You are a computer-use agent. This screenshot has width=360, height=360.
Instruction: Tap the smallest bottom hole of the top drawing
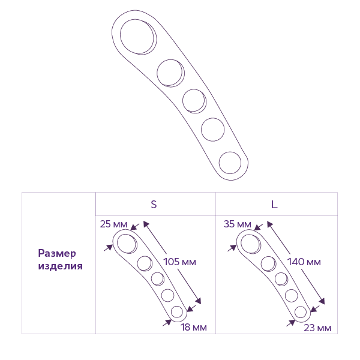pos(232,163)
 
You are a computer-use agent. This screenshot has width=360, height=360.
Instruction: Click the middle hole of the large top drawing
pos(193,100)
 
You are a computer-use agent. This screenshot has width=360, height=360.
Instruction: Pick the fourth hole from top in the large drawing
pos(213,128)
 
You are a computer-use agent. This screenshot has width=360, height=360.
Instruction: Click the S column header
pos(154,204)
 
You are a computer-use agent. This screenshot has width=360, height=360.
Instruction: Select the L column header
pos(274,204)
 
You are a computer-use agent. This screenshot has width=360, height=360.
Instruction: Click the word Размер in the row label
pos(61,253)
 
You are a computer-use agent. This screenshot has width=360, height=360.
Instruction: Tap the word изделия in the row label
pos(61,266)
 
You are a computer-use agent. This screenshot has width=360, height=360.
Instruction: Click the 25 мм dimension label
pos(114,224)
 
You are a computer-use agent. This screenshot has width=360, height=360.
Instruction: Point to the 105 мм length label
pos(179,262)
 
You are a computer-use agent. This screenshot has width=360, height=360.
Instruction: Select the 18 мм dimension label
pos(194,327)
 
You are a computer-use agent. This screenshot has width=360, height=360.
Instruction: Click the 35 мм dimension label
pos(236,224)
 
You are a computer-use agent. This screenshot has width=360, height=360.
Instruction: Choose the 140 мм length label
pos(304,262)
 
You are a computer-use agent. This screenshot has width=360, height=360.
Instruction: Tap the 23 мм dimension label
pos(318,328)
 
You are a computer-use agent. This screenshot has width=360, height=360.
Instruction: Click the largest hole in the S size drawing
pos(126,243)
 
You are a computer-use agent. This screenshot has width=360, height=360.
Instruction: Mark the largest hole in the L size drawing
pos(250,243)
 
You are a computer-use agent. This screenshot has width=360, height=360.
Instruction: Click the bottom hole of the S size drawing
pos(176,312)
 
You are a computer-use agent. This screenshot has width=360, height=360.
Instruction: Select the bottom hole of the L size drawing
pos(300,312)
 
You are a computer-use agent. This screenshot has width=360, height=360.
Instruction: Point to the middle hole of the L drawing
pos(280,278)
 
